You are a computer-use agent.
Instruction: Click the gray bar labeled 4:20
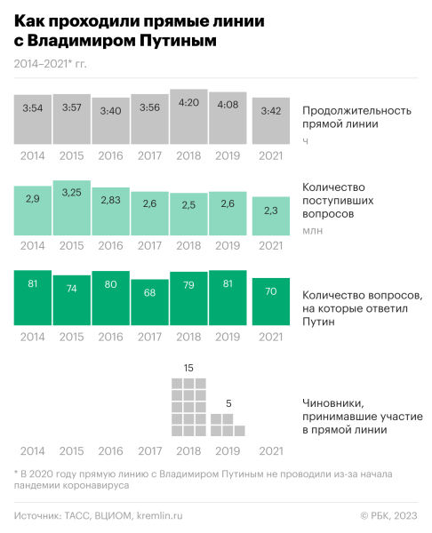[188, 116]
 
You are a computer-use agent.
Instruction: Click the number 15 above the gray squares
[188, 367]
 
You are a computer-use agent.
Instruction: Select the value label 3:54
[32, 108]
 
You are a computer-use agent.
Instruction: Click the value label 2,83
[110, 201]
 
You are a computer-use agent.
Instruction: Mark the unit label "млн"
[311, 231]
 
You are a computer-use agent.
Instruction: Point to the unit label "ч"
[305, 140]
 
